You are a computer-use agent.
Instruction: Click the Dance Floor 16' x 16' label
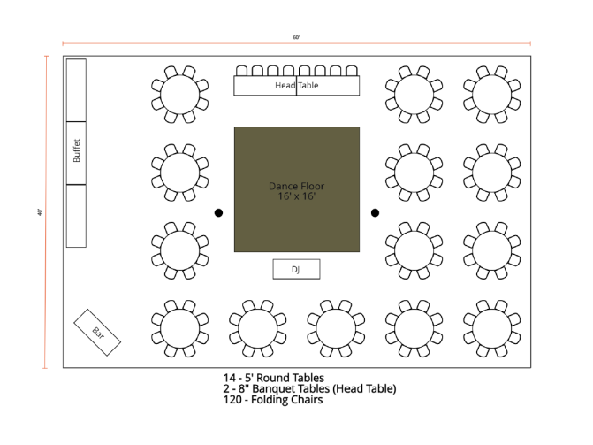(x=296, y=191)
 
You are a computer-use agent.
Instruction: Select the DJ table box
(x=295, y=269)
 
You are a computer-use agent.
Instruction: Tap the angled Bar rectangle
(x=97, y=333)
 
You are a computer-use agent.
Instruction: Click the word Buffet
(x=77, y=152)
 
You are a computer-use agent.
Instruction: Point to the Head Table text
(x=296, y=86)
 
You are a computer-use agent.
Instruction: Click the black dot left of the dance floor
(x=218, y=212)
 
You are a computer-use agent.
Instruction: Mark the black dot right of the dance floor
(x=375, y=212)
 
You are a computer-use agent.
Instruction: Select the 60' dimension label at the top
(x=296, y=37)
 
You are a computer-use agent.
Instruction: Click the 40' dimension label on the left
(x=41, y=211)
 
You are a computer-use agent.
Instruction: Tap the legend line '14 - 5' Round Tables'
(x=273, y=378)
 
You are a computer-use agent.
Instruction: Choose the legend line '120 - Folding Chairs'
(x=272, y=400)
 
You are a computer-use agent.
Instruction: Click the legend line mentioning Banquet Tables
(x=309, y=388)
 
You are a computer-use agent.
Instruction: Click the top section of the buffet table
(x=77, y=89)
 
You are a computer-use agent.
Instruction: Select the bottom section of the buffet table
(x=77, y=216)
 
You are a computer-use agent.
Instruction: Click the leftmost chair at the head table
(x=241, y=70)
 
